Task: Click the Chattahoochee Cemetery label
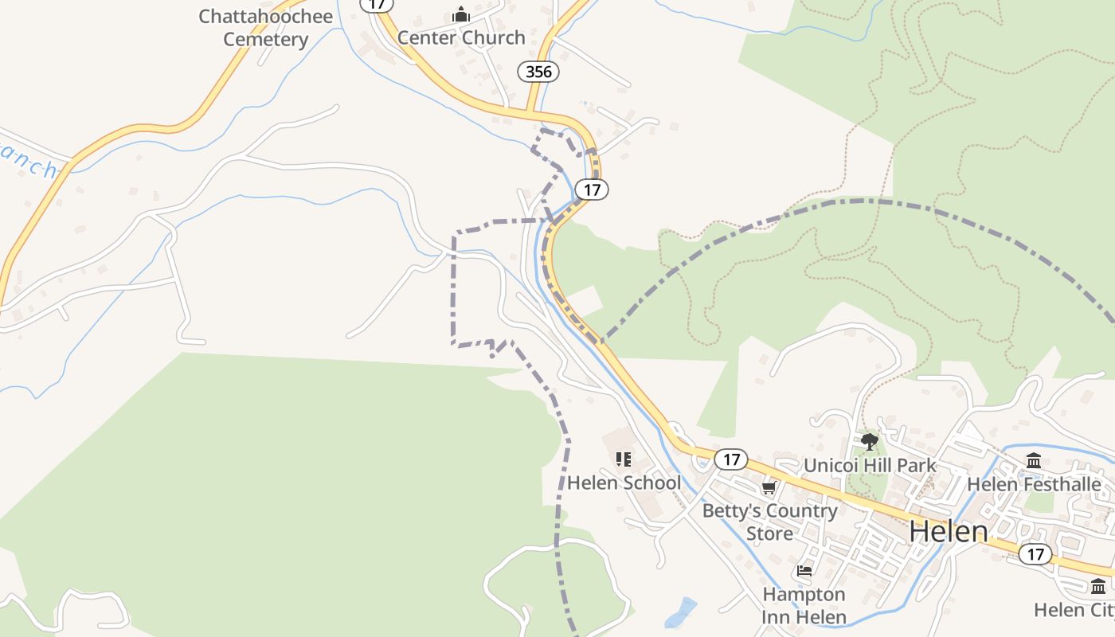pyautogui.click(x=265, y=28)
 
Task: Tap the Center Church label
pyautogui.click(x=461, y=37)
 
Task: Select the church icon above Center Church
pyautogui.click(x=461, y=14)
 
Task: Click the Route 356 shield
pyautogui.click(x=538, y=72)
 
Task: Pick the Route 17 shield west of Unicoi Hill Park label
pyautogui.click(x=730, y=459)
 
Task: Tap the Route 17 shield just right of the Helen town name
pyautogui.click(x=1035, y=554)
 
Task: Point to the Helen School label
pyautogui.click(x=624, y=483)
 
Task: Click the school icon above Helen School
pyautogui.click(x=624, y=459)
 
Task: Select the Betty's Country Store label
pyautogui.click(x=769, y=522)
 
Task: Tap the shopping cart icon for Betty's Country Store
pyautogui.click(x=769, y=487)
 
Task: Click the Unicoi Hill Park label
pyautogui.click(x=870, y=465)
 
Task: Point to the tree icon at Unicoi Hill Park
pyautogui.click(x=869, y=441)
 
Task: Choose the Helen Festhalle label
pyautogui.click(x=1034, y=484)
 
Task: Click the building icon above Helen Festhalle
pyautogui.click(x=1034, y=460)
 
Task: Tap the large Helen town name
pyautogui.click(x=948, y=531)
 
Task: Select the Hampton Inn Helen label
pyautogui.click(x=804, y=605)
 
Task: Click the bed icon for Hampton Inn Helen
pyautogui.click(x=804, y=571)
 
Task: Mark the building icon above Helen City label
pyautogui.click(x=1098, y=586)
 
